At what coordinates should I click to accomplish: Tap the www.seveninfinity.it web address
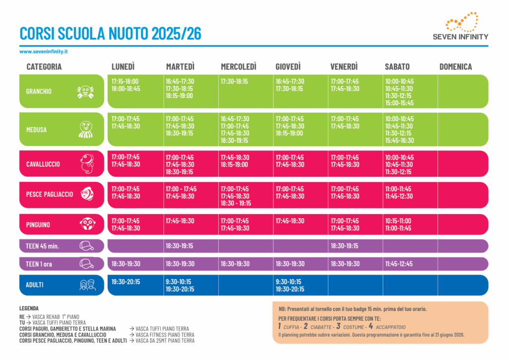click(44, 51)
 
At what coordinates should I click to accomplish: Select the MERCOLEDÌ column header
click(239, 67)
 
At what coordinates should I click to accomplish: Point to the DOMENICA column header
click(455, 67)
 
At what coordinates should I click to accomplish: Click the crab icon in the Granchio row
click(85, 91)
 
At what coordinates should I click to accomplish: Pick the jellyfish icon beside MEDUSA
click(85, 129)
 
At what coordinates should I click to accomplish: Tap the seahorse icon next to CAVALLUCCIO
click(87, 164)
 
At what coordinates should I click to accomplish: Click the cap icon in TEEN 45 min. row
click(86, 246)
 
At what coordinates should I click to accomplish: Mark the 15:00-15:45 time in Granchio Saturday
click(399, 103)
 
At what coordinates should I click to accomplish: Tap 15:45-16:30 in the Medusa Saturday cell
click(399, 141)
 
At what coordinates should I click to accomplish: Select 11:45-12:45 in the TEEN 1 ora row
click(399, 264)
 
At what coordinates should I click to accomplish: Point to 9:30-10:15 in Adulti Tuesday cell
click(178, 282)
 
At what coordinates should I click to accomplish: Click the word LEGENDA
click(29, 308)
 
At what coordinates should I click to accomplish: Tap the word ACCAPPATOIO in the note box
click(390, 327)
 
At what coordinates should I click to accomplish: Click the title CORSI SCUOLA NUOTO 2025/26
click(110, 33)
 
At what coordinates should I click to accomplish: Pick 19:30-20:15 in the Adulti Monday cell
click(126, 282)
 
